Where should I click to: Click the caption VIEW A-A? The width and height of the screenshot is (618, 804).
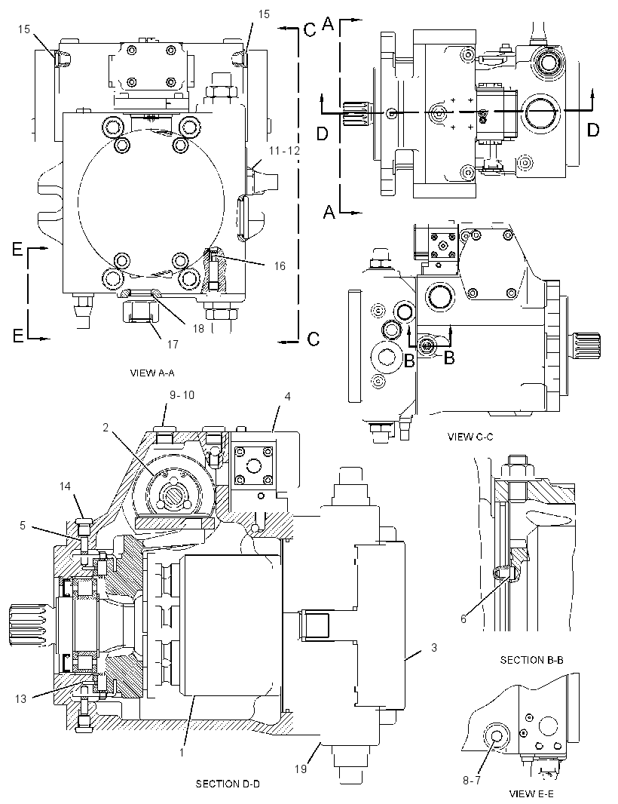point(151,373)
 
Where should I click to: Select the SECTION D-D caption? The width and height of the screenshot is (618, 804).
point(228,784)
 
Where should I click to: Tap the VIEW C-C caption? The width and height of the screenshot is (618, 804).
point(470,437)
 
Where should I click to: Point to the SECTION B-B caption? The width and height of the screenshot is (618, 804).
point(531,660)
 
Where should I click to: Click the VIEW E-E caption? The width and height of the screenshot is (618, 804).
point(531,793)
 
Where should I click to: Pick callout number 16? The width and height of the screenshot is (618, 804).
point(280,265)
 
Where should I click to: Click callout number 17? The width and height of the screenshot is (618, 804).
point(173,344)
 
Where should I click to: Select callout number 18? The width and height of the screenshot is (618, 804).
point(199,328)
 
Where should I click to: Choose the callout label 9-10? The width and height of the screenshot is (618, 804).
point(182,395)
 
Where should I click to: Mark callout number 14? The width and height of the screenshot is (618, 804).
point(65,486)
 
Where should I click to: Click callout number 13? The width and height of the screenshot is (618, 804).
point(20,698)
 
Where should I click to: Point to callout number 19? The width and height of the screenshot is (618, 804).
point(300,769)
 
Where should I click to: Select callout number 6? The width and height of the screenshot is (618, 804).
point(463,619)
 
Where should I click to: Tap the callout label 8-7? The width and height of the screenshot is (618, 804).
point(472,780)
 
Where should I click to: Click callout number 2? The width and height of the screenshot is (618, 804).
point(106,427)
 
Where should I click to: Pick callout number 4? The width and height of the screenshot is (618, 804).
point(287,397)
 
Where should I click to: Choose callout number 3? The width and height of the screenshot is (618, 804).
point(433,648)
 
